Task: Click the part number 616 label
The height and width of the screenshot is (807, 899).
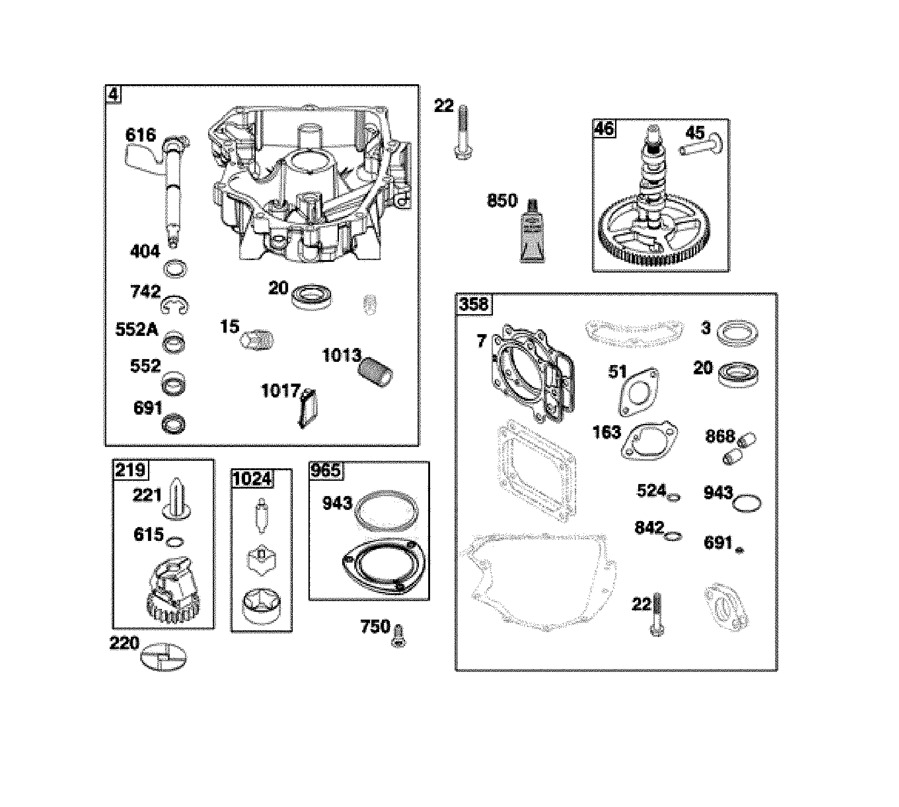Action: [x=141, y=135]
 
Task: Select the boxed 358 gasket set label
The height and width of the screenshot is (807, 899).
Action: [x=474, y=304]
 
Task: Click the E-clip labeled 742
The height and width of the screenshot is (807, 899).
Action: [x=175, y=306]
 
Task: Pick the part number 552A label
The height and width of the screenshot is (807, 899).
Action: [x=136, y=330]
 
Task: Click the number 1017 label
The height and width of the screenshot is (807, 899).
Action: [x=281, y=391]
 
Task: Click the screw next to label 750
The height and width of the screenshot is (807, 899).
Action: [x=399, y=635]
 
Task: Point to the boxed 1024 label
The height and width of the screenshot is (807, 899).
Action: [x=252, y=478]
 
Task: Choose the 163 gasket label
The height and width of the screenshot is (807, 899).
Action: [x=606, y=432]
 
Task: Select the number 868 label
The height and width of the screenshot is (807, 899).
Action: [x=720, y=436]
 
